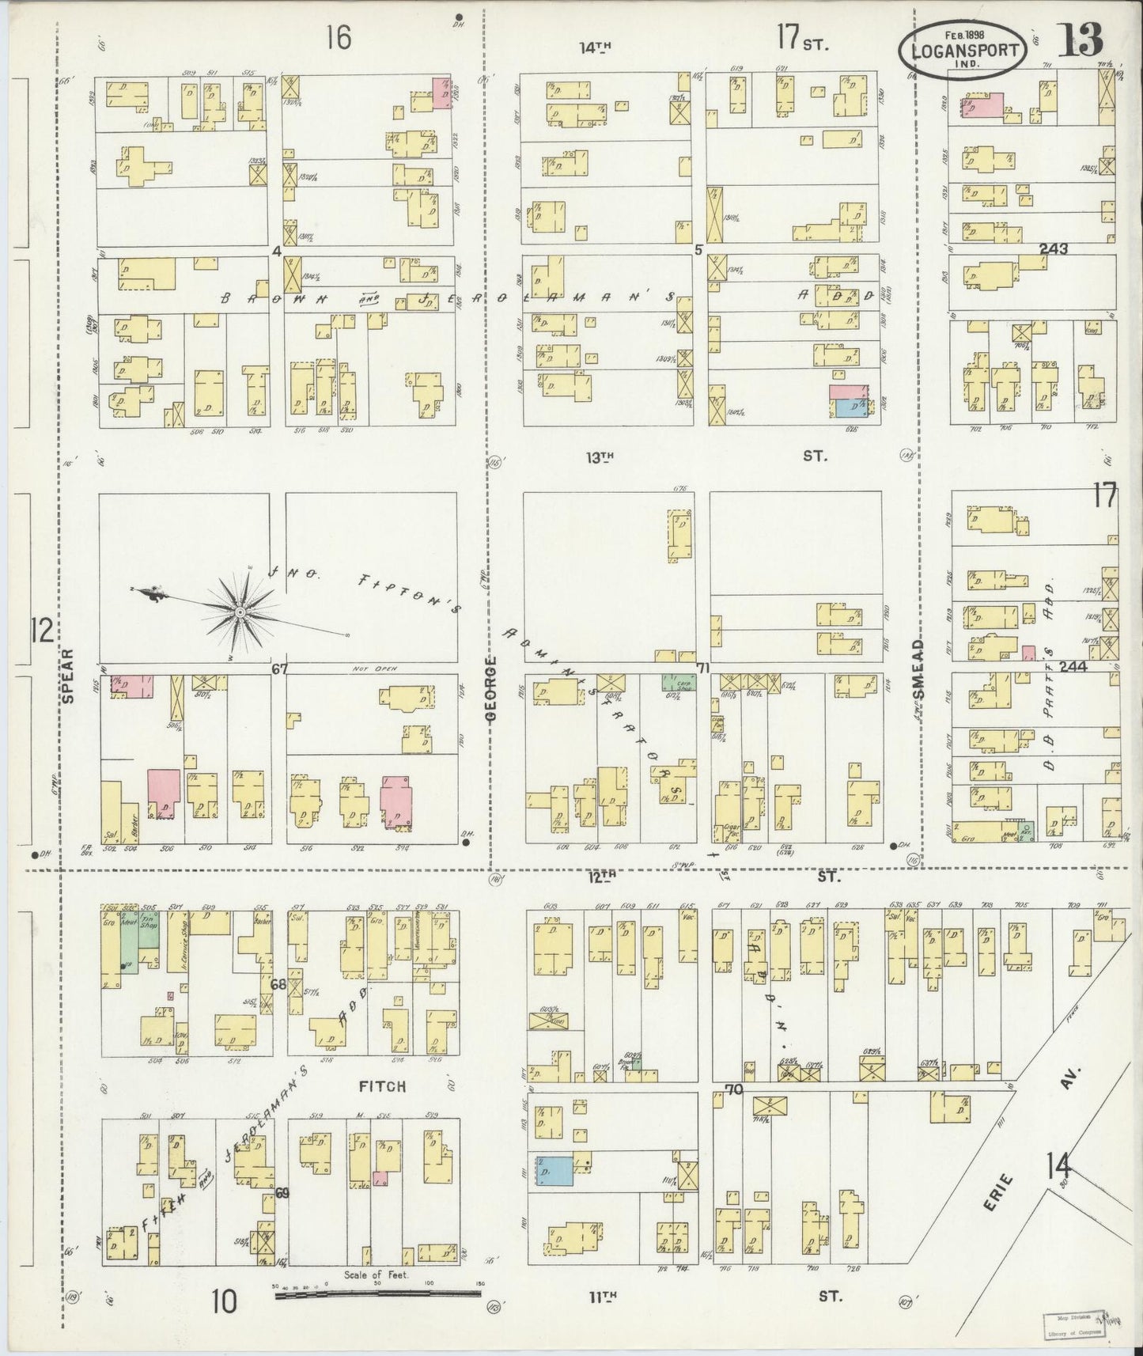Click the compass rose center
click(x=240, y=612)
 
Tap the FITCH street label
click(x=382, y=1087)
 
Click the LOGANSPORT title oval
click(x=963, y=51)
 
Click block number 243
click(x=1053, y=249)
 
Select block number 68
click(x=278, y=985)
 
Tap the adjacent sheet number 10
click(x=224, y=1301)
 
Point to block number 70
click(x=734, y=1090)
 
